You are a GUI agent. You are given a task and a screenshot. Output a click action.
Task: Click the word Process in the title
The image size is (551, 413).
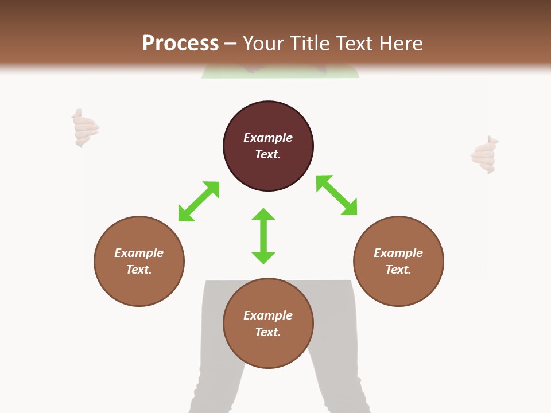(x=180, y=43)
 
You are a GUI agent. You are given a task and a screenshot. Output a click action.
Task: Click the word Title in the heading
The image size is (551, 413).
(x=310, y=44)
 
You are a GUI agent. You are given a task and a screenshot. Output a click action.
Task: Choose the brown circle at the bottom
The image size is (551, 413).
(x=268, y=350)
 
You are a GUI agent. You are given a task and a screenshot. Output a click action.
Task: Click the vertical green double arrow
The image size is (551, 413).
(x=263, y=236)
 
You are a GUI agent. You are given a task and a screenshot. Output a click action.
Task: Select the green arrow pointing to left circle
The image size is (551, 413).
(x=199, y=201)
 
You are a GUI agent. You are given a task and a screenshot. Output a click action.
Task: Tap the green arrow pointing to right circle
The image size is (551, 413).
(x=337, y=195)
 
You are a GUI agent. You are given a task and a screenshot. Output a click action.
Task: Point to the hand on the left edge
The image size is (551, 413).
(x=84, y=128)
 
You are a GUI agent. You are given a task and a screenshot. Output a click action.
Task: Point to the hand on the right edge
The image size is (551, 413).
(x=484, y=155)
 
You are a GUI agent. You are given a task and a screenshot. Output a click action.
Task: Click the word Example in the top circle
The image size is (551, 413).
(x=268, y=138)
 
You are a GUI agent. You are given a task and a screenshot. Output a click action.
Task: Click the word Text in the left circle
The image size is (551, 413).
(x=139, y=270)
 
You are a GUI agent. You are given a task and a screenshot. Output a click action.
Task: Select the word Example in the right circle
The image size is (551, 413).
(x=398, y=253)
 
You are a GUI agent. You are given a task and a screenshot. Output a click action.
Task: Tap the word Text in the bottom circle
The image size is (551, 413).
(x=268, y=332)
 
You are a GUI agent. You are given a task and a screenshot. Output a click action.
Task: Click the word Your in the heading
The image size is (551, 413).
(x=262, y=44)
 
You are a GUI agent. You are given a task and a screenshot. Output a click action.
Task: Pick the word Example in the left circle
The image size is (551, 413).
(x=139, y=253)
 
